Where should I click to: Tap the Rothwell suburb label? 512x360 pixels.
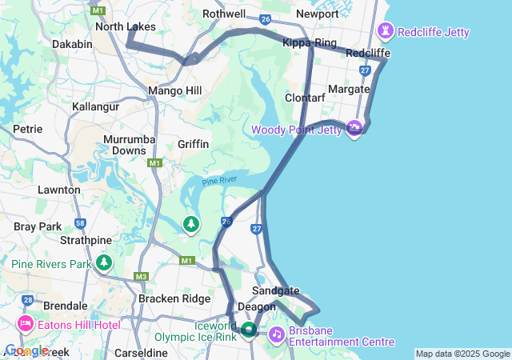tap(224, 14)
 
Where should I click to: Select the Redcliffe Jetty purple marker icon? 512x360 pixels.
tap(387, 32)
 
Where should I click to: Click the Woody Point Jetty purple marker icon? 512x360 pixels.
tap(354, 129)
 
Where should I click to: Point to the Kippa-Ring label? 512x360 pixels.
tap(309, 42)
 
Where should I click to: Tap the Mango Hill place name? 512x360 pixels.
tap(175, 90)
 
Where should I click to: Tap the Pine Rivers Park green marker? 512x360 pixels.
tap(104, 262)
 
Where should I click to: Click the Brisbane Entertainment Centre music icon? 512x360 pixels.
tap(275, 334)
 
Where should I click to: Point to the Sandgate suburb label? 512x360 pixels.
tap(275, 290)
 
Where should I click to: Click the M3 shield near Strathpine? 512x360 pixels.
tap(142, 277)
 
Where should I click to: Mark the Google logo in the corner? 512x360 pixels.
tap(26, 350)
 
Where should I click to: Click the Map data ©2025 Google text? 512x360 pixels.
tap(462, 354)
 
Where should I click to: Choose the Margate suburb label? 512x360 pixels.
tap(349, 89)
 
